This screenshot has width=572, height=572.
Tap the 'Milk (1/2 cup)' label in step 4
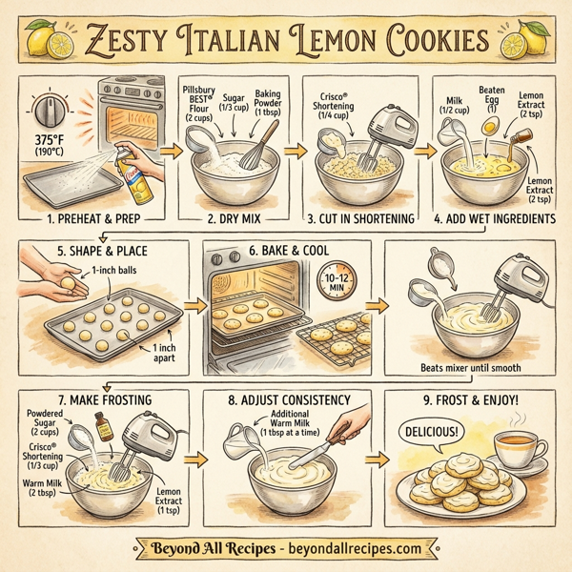click(453, 105)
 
